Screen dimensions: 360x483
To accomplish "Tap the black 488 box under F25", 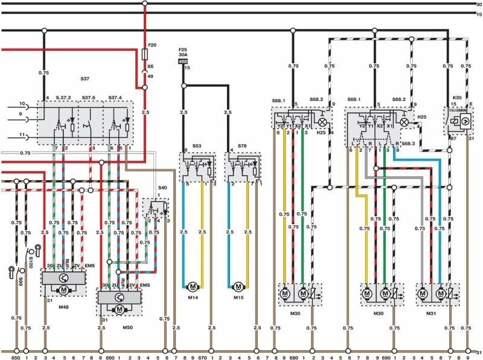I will [x=184, y=61].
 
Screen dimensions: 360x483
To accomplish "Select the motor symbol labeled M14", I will [x=192, y=284].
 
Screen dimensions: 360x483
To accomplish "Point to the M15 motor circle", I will [x=238, y=284].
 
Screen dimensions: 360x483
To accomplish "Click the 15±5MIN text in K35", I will [x=457, y=110].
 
